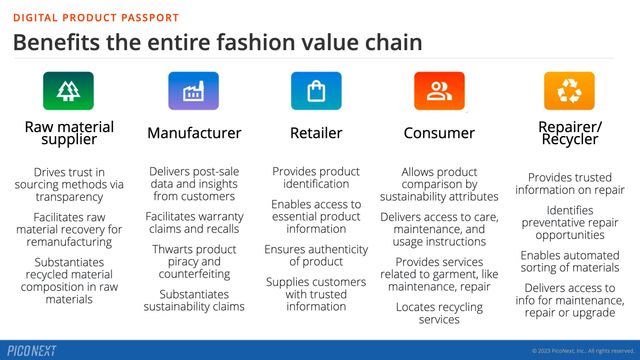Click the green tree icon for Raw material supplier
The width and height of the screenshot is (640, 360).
69,91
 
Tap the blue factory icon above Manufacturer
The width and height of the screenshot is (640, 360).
193,91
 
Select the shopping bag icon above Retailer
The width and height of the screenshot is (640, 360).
316,91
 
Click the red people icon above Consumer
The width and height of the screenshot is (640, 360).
439,91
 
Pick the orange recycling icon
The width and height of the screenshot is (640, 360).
569,91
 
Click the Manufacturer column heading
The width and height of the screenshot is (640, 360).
194,133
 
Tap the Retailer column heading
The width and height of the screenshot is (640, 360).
316,133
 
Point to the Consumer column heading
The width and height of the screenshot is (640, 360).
439,133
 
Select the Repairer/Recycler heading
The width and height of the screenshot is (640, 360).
568,133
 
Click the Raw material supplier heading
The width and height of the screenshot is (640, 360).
69,133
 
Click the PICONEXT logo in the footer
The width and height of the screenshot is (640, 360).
32,350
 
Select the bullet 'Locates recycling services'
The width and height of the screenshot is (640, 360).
439,312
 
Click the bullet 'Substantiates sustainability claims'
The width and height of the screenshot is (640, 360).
194,301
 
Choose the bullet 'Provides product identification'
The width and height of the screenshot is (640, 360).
316,178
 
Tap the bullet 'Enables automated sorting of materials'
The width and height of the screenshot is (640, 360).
568,262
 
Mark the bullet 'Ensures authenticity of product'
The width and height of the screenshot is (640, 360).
316,256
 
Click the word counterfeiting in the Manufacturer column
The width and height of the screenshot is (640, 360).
194,275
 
